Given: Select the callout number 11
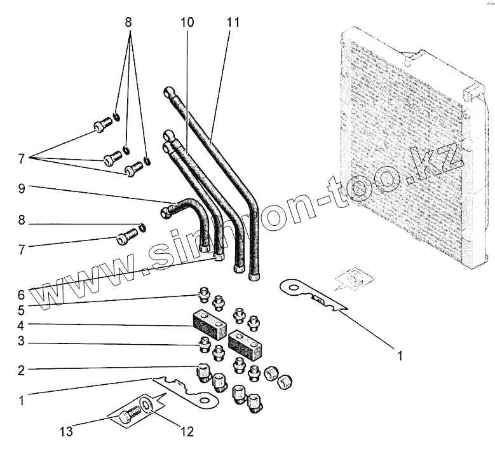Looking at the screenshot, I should tap(233, 22).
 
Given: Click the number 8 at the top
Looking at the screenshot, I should tap(129, 22).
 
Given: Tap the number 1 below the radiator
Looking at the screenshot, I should tap(400, 356).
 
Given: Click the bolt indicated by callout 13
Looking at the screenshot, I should tap(131, 413).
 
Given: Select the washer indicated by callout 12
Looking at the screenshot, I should tap(148, 405).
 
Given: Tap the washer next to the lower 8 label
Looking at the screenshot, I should tap(141, 227).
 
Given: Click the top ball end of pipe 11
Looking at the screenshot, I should tap(168, 92).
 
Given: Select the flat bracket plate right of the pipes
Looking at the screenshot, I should tap(311, 294).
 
